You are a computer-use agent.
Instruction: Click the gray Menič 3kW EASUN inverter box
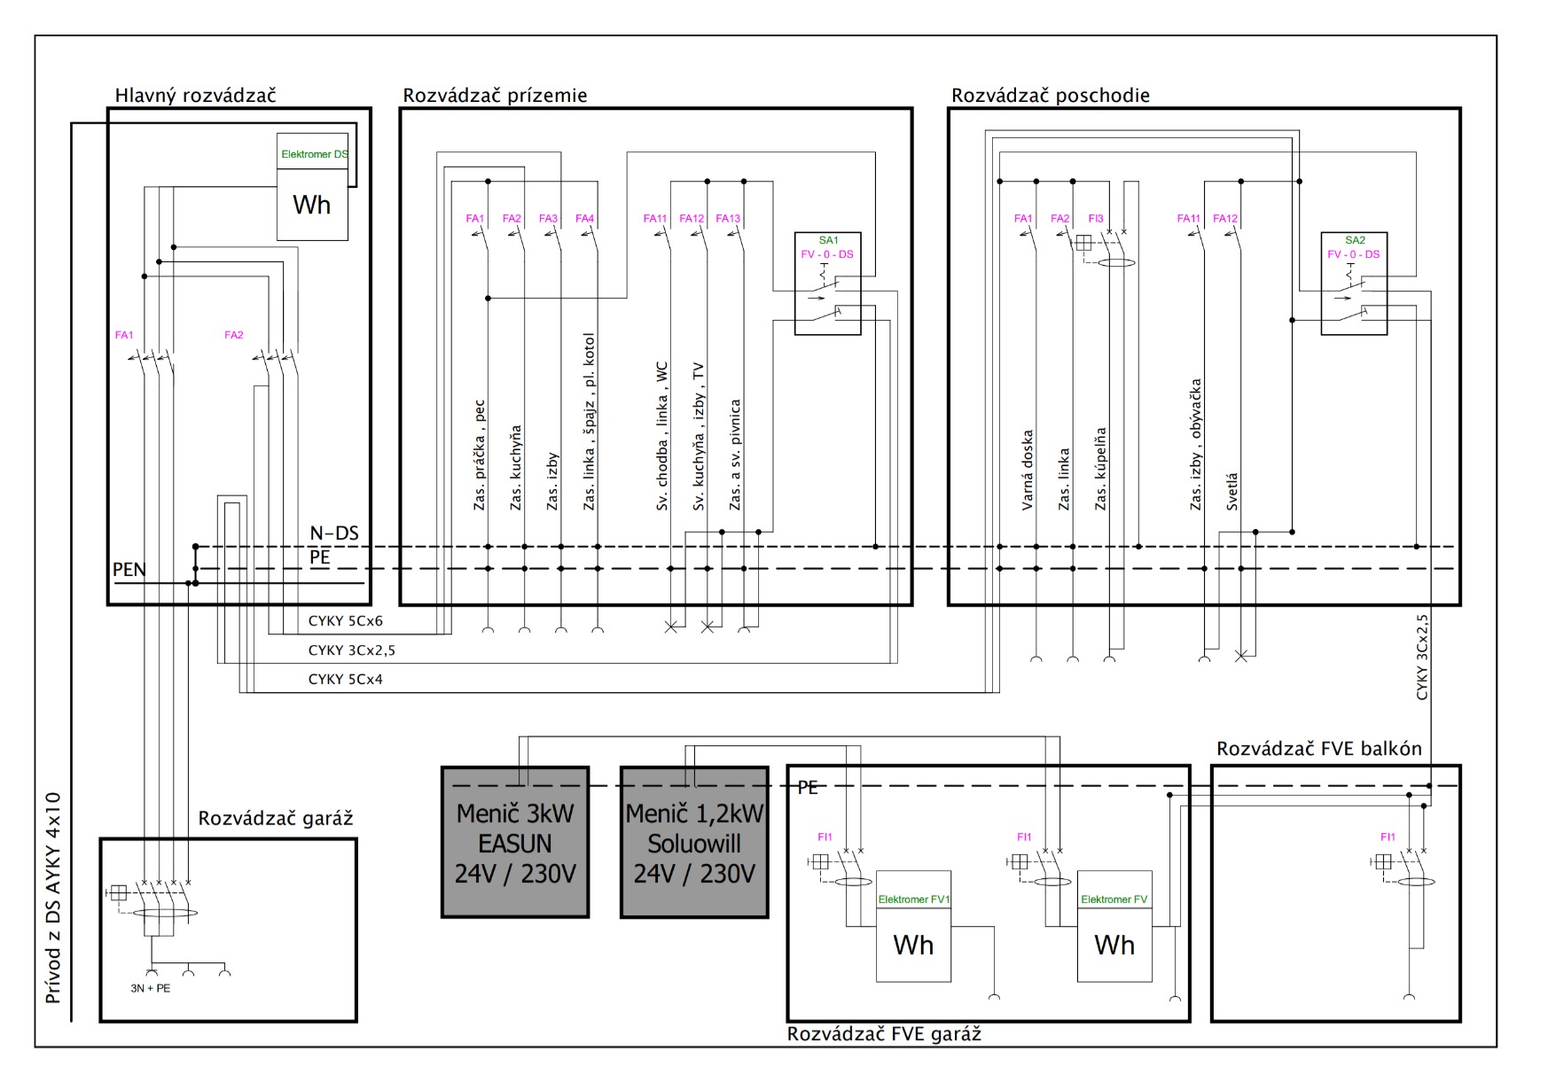click(515, 842)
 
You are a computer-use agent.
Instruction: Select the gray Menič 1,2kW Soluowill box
click(694, 842)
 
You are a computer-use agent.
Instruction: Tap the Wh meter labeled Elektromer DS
click(312, 205)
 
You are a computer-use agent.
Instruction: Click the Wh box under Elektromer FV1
click(913, 945)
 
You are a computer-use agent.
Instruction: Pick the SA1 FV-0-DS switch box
click(827, 284)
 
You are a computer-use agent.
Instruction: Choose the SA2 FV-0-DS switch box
click(1354, 284)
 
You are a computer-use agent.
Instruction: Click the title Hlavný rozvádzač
click(195, 96)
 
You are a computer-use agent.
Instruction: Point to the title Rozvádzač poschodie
click(1050, 96)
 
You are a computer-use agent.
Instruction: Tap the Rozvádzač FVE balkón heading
click(1318, 749)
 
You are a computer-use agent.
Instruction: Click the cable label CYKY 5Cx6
click(346, 621)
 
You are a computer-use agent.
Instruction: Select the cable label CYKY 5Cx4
click(346, 680)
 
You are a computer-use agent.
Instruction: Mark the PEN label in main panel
click(129, 570)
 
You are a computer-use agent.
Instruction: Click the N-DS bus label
click(334, 533)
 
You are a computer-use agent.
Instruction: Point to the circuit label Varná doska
click(1028, 470)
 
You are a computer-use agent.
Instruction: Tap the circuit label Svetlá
click(1232, 492)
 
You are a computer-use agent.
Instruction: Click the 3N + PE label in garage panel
click(150, 988)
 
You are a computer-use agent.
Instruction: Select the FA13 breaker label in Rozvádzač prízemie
click(728, 219)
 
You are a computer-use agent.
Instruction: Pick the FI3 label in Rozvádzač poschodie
click(1096, 219)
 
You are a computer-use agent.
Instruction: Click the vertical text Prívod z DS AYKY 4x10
click(53, 898)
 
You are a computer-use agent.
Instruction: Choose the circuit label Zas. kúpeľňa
click(1101, 469)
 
